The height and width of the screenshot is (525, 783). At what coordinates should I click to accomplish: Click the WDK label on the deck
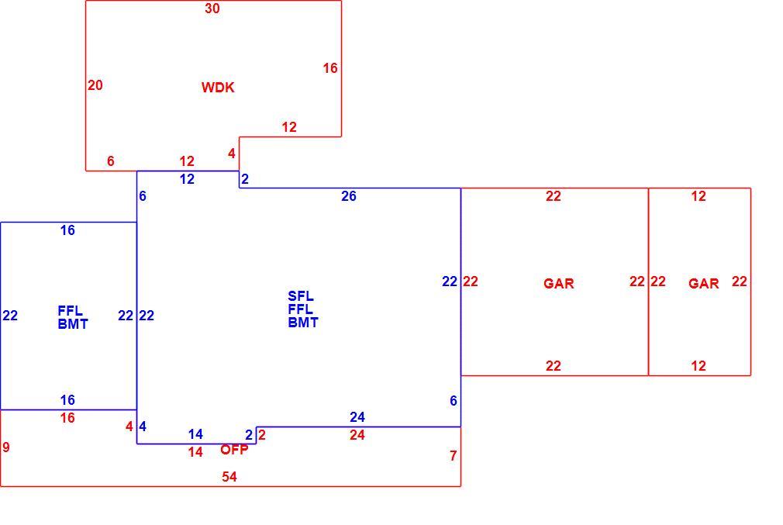tap(218, 88)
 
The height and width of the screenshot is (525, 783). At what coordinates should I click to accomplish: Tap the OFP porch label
tap(234, 450)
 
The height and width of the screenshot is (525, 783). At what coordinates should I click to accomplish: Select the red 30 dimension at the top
tap(212, 9)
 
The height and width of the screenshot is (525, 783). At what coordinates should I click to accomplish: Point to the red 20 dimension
tap(95, 85)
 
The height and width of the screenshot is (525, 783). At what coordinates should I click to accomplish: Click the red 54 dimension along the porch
tap(229, 477)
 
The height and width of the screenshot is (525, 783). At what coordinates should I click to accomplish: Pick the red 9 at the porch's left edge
tap(6, 447)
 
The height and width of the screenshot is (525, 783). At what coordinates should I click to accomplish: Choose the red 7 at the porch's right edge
tap(453, 455)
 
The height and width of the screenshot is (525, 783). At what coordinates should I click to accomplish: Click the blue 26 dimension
tap(349, 196)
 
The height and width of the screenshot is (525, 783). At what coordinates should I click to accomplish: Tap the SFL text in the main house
tap(301, 296)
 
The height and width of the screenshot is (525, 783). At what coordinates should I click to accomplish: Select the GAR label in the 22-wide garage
tap(559, 284)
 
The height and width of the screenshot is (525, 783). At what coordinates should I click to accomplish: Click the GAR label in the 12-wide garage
tap(704, 284)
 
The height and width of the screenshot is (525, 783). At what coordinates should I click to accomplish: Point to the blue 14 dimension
tap(195, 434)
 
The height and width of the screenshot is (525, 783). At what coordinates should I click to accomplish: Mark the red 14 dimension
tap(195, 452)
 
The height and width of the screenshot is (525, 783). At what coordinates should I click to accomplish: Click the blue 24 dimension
tap(357, 417)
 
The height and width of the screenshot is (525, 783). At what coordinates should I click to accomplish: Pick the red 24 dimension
tap(357, 435)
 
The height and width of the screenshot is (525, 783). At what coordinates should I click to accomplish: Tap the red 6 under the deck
tap(110, 161)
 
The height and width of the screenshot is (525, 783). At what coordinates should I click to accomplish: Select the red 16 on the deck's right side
tap(330, 68)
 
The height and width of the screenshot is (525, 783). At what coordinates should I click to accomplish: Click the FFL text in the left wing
tap(71, 311)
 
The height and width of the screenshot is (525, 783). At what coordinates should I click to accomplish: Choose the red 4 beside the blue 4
tap(129, 426)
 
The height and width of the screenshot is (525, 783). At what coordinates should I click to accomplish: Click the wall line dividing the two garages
tap(648, 281)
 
